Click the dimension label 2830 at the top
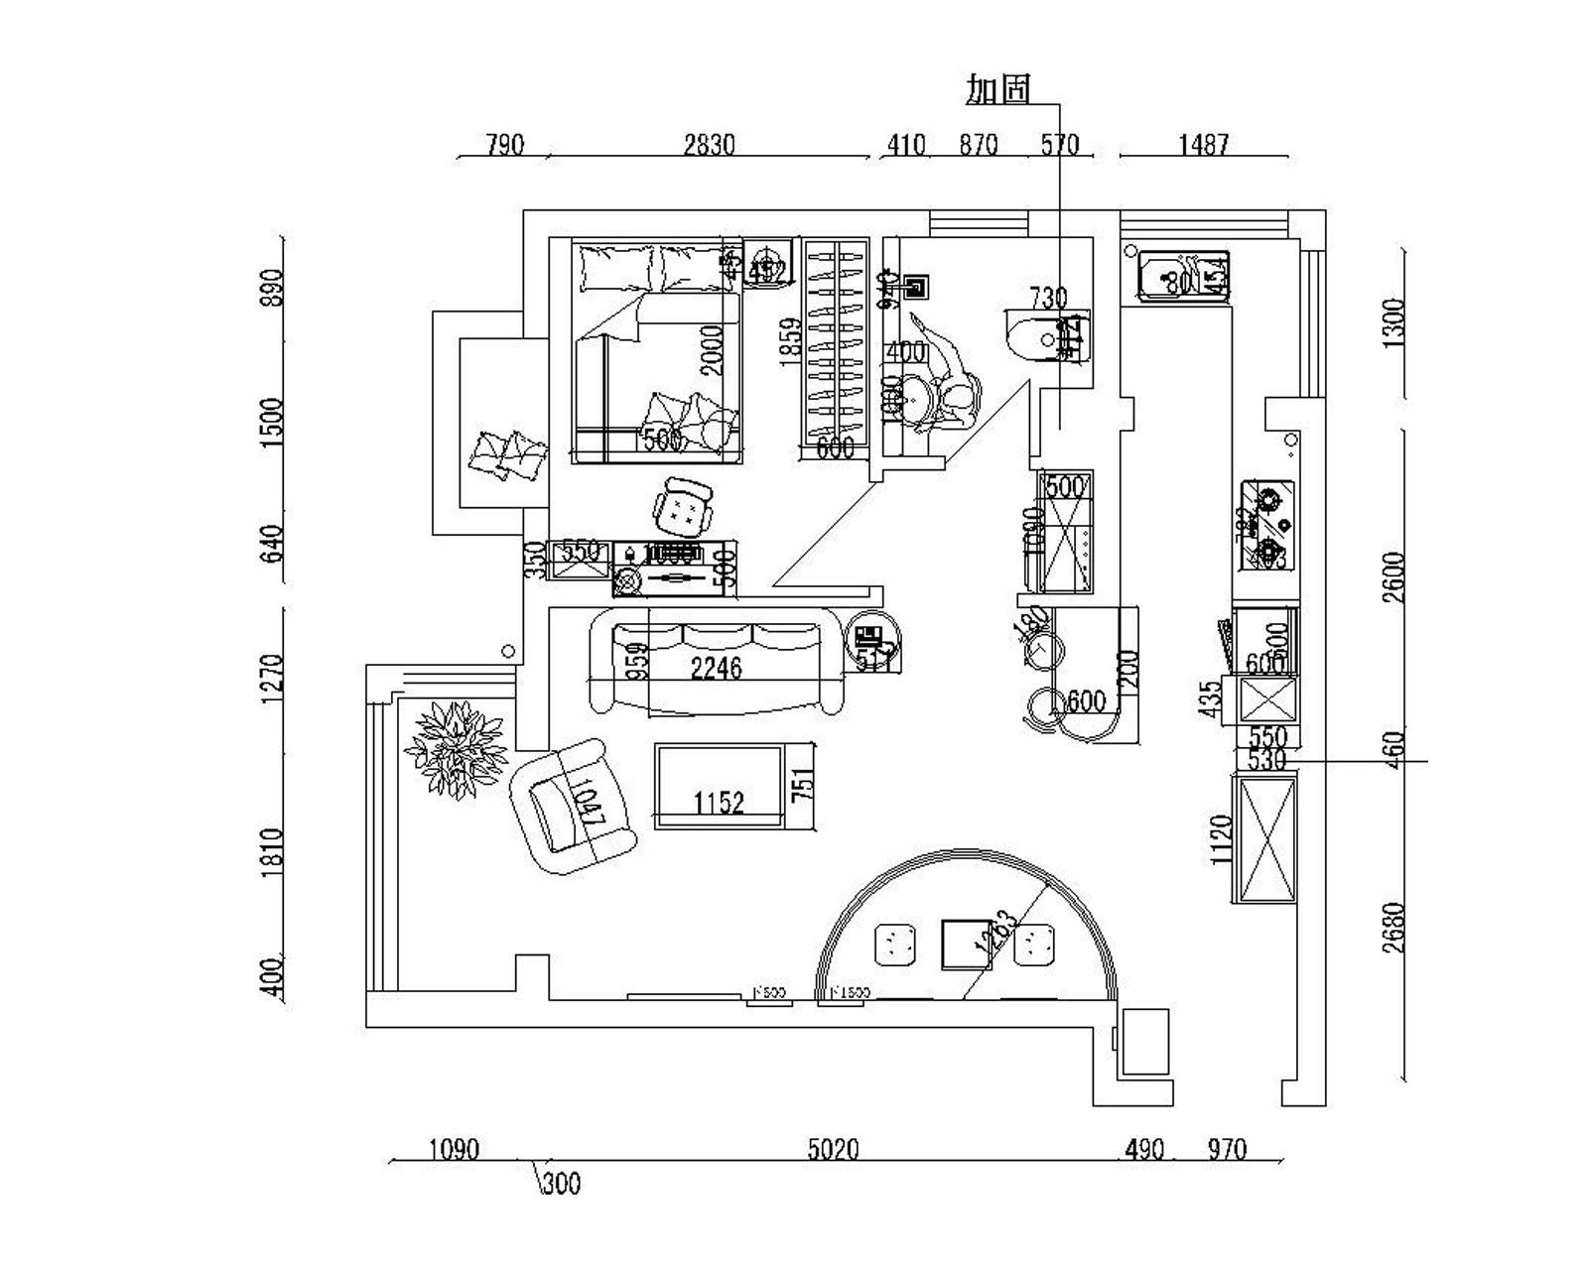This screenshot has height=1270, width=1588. click(x=709, y=145)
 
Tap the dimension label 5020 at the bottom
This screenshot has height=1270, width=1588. click(x=832, y=1149)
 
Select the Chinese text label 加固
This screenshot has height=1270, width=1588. click(x=998, y=89)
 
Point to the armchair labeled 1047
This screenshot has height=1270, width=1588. click(x=573, y=806)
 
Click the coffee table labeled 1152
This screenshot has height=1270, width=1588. click(x=719, y=786)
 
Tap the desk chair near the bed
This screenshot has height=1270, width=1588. click(x=683, y=507)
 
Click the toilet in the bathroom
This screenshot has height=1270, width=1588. click(x=1047, y=337)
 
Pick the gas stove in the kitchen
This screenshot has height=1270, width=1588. click(x=1266, y=526)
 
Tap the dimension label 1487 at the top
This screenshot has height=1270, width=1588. click(x=1203, y=145)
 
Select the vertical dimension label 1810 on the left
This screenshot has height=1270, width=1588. click(x=273, y=850)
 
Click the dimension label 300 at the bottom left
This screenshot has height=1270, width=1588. click(x=562, y=1183)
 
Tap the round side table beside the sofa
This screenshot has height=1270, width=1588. click(x=873, y=641)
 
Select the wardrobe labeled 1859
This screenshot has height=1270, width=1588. click(x=834, y=349)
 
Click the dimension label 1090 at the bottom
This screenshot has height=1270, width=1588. click(x=454, y=1149)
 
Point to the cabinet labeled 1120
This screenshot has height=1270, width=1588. click(x=1264, y=839)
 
